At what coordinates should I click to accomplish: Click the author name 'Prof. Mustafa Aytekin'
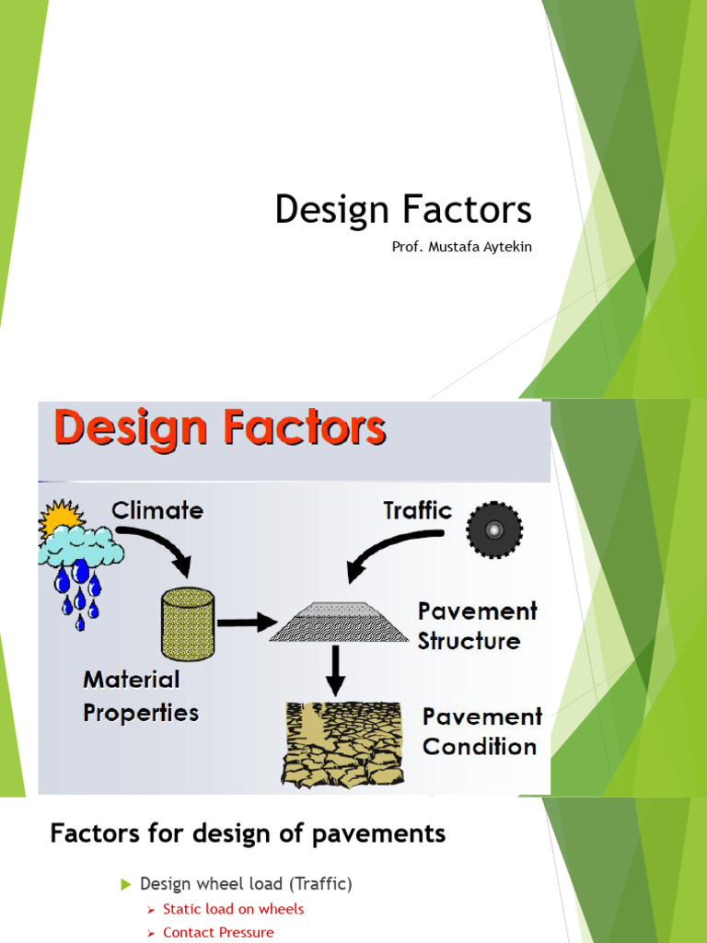[x=461, y=247]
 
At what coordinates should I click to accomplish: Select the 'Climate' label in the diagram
[x=157, y=510]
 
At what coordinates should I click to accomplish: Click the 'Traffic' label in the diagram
[x=417, y=510]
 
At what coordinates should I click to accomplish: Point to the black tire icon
[x=494, y=530]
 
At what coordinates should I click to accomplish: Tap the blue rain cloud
[x=81, y=548]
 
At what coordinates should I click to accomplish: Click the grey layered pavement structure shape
[x=340, y=622]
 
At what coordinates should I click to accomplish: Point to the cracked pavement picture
[x=342, y=744]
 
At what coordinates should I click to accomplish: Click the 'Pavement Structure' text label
[x=476, y=626]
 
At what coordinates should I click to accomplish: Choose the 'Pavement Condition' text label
[x=481, y=731]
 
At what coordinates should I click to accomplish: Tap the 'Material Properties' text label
[x=141, y=695]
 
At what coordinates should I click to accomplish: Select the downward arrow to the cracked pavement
[x=336, y=669]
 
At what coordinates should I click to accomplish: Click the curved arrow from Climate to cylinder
[x=167, y=549]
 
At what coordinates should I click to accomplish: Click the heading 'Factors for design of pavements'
[x=248, y=834]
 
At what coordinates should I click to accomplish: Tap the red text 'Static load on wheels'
[x=233, y=909]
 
